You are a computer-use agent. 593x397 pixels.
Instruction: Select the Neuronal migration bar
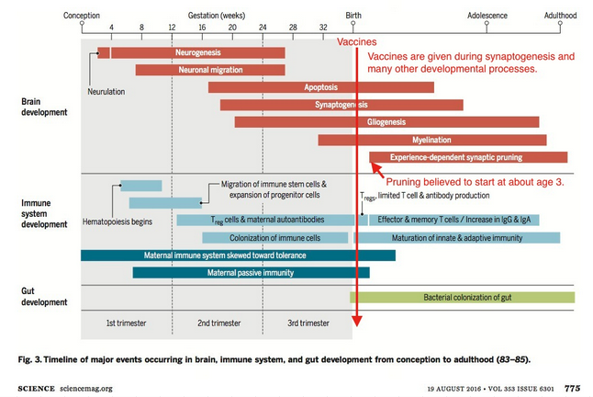pyautogui.click(x=209, y=70)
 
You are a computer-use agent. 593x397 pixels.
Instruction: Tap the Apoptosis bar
pyautogui.click(x=321, y=87)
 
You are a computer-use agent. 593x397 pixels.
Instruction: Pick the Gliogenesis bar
pyautogui.click(x=386, y=122)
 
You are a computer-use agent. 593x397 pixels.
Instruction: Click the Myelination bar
pyautogui.click(x=431, y=140)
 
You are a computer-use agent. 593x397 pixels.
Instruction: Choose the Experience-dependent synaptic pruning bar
pyautogui.click(x=468, y=157)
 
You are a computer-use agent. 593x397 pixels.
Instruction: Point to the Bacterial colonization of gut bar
pyautogui.click(x=462, y=297)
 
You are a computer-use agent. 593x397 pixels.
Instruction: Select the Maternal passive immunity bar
pyautogui.click(x=251, y=272)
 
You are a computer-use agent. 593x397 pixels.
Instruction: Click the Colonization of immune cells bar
pyautogui.click(x=274, y=237)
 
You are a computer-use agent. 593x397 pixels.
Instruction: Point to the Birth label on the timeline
pyautogui.click(x=353, y=16)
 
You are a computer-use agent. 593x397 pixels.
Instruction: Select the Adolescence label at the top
pyautogui.click(x=487, y=16)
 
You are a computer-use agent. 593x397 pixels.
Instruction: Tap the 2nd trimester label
pyautogui.click(x=217, y=323)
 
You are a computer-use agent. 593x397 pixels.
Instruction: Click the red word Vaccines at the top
pyautogui.click(x=357, y=42)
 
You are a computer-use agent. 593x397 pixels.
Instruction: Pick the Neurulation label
pyautogui.click(x=106, y=92)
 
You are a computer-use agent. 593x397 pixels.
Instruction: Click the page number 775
pyautogui.click(x=571, y=388)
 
